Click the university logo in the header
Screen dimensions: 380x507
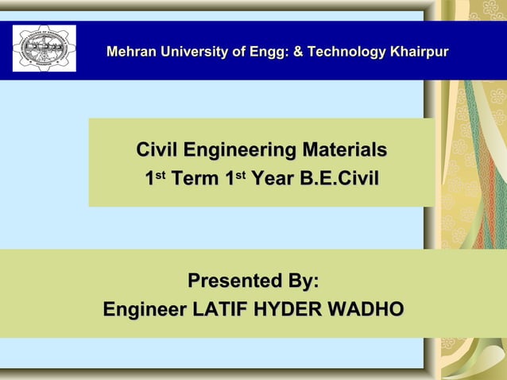(45, 48)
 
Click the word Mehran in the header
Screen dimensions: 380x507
(130, 52)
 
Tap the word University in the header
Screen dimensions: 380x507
(193, 52)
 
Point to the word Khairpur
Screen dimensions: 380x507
(419, 52)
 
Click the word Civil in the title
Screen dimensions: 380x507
(157, 150)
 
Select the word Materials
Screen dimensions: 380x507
(344, 150)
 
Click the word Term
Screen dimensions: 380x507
(196, 180)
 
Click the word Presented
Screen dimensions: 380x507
(235, 281)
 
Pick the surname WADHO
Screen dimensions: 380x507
(367, 310)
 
